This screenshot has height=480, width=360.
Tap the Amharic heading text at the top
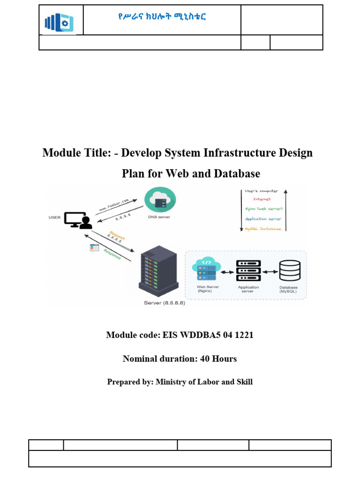(162, 17)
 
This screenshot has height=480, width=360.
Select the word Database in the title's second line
(236, 174)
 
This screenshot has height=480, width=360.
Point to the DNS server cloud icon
(160, 199)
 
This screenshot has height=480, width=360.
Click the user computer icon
(77, 220)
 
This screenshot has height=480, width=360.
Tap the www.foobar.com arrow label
(113, 205)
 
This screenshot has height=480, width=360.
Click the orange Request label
(117, 235)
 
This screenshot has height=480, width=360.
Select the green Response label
(112, 252)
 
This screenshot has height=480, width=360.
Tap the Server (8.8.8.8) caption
(165, 303)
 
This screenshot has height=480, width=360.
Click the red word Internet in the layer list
(262, 200)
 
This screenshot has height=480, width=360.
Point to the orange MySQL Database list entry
(263, 229)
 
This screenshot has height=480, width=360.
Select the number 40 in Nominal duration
(205, 359)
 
